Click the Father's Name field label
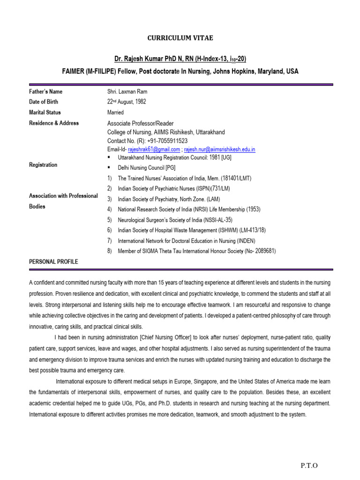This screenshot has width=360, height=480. point(45,92)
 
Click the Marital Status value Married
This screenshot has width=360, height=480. point(115,112)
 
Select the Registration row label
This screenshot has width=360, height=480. point(43,165)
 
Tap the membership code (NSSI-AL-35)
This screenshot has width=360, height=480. point(214,219)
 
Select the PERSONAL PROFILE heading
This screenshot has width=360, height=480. point(53,262)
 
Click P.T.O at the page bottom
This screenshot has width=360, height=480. point(308,465)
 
